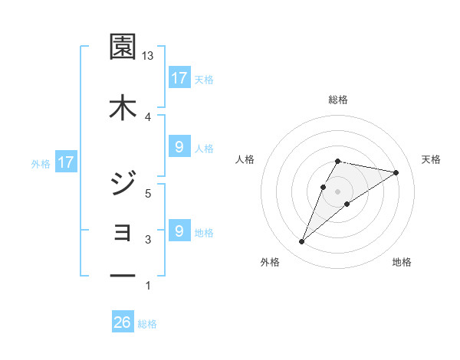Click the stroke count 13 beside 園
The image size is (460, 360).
(x=148, y=56)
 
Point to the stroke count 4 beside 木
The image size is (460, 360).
(x=148, y=116)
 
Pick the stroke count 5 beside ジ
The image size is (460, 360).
(x=148, y=193)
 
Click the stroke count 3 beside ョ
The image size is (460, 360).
(x=148, y=240)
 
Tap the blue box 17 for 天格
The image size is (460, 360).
(x=179, y=78)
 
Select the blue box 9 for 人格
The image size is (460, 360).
(x=179, y=147)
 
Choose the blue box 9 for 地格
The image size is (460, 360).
(x=179, y=231)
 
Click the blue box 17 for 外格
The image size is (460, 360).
(x=65, y=162)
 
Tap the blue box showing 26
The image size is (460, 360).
(x=123, y=323)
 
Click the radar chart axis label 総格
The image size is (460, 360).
(x=337, y=100)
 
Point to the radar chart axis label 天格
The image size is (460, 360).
(x=432, y=159)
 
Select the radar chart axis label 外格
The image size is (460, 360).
(x=270, y=262)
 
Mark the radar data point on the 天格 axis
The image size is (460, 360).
(x=396, y=172)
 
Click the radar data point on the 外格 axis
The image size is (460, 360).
(x=302, y=242)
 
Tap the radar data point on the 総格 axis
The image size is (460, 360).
(x=337, y=162)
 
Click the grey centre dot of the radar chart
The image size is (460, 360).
(x=337, y=191)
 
